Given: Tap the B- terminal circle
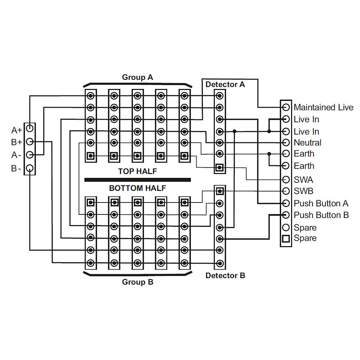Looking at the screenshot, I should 30,168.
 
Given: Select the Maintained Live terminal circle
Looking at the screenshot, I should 286,107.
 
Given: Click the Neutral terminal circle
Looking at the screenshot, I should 286,143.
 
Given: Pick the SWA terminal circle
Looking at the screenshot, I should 286,180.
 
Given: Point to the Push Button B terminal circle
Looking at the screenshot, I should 286,215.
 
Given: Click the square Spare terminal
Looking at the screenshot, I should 286,239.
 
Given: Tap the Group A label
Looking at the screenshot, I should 137,77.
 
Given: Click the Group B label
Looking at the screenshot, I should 137,282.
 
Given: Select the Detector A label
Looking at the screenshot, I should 225,84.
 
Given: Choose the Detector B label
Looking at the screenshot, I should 225,276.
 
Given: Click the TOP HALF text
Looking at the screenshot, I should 137,172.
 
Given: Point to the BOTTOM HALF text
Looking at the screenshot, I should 137,188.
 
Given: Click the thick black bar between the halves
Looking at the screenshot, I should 137,180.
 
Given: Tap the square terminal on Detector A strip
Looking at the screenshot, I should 220,168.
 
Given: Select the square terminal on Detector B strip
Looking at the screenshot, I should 220,191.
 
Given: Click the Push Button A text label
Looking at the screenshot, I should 321,204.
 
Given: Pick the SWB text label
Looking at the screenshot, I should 303,192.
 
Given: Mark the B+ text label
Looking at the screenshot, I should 17,142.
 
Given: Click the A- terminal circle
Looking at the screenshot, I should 30,155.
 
